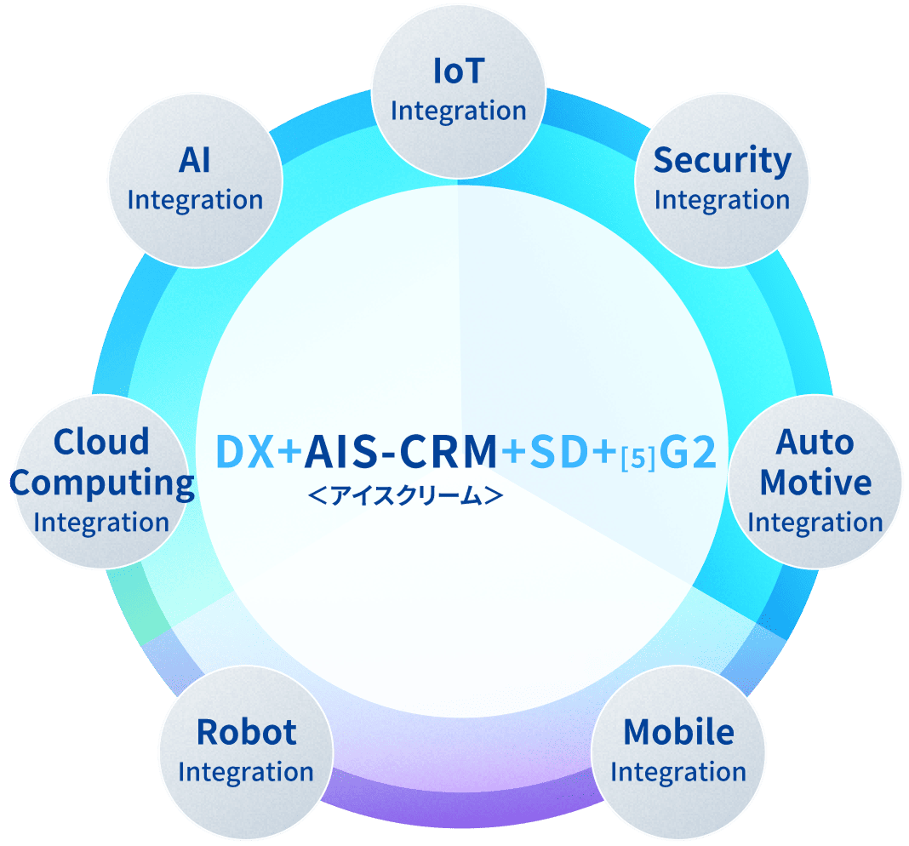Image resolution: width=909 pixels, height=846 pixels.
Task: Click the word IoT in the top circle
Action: [x=458, y=71]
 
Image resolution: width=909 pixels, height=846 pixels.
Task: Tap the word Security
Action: [x=722, y=160]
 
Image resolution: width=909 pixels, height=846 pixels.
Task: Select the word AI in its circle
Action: [x=195, y=160]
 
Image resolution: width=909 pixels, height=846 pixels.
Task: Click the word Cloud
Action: [x=101, y=442]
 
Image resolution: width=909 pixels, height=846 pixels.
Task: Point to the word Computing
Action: [x=102, y=483]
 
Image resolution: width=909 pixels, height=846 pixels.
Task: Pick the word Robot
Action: [x=246, y=732]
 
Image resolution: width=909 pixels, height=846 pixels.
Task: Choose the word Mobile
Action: [x=678, y=732]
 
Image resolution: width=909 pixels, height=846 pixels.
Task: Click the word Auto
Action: [x=815, y=442]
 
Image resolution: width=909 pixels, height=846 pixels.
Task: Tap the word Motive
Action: [x=815, y=483]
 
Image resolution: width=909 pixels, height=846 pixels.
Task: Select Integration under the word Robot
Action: [x=246, y=772]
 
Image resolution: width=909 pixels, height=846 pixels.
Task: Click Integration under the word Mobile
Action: [x=678, y=772]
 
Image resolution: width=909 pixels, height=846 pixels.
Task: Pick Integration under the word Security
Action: [x=722, y=200]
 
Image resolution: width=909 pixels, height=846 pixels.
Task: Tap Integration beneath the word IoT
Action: [x=458, y=111]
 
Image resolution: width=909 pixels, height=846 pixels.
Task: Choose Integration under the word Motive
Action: [x=815, y=523]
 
